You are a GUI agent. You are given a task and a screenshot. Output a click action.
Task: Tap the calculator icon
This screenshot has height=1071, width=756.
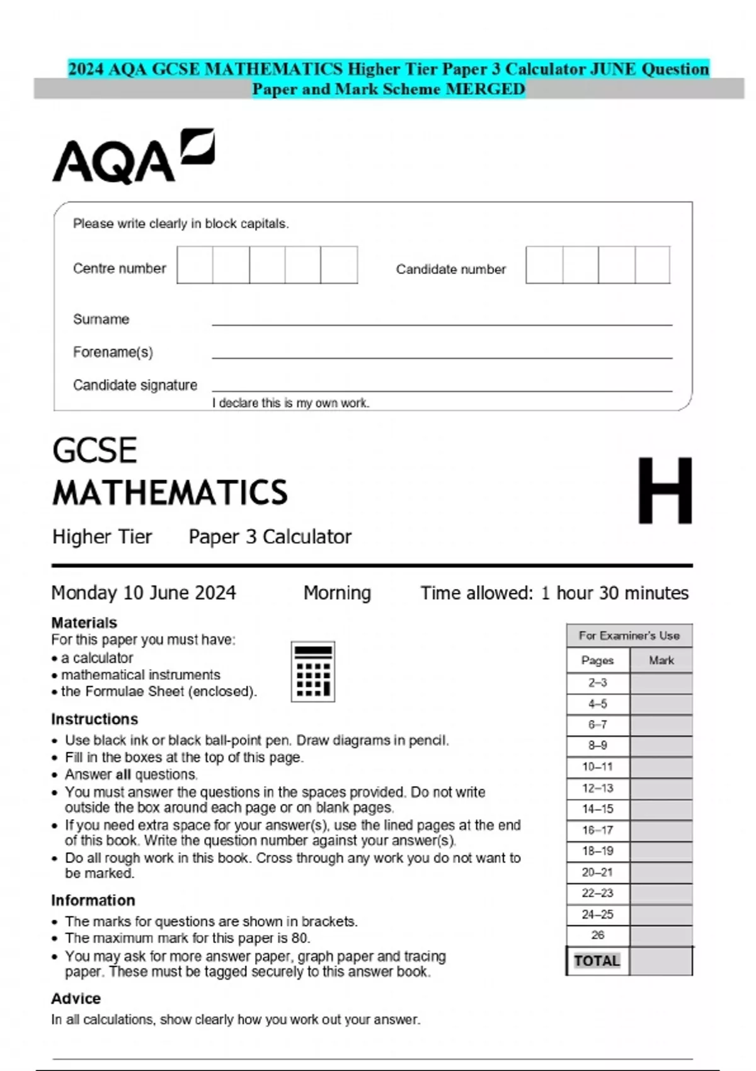coord(312,672)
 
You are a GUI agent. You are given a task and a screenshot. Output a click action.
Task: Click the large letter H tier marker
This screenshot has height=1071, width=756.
coord(665,491)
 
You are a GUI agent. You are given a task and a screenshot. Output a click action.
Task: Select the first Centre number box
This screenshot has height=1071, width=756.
coord(195,265)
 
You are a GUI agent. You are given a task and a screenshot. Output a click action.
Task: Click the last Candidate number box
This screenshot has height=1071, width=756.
coord(653,265)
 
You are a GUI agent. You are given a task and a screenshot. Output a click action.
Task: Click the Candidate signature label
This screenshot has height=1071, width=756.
coord(135,385)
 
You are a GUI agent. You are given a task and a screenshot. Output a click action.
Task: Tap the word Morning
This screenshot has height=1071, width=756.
coord(337,593)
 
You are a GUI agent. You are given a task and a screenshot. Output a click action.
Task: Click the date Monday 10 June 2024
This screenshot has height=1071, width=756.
coord(144,593)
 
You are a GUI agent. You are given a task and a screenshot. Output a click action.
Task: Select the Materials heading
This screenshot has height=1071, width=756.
coord(84,622)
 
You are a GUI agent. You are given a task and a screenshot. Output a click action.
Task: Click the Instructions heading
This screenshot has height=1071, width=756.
coord(94,719)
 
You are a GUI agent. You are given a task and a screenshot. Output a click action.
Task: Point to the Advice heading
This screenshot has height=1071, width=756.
coord(76,999)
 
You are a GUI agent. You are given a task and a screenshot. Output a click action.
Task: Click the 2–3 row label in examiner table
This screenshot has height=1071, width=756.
coord(597,683)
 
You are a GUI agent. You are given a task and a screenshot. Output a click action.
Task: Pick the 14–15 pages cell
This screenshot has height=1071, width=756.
coord(597,809)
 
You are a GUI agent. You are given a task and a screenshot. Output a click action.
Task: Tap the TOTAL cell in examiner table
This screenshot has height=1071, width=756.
coord(597,961)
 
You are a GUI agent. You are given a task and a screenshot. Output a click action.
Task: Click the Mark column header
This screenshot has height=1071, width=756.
coord(661,660)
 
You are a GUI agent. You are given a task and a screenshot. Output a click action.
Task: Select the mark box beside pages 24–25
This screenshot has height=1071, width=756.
coord(661,914)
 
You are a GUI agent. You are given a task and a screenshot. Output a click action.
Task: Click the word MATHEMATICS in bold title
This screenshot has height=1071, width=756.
coord(170,493)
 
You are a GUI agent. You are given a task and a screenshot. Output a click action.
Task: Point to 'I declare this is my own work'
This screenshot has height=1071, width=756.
coord(290,403)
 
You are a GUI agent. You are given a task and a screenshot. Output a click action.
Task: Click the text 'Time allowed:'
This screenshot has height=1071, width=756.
coord(477,593)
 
